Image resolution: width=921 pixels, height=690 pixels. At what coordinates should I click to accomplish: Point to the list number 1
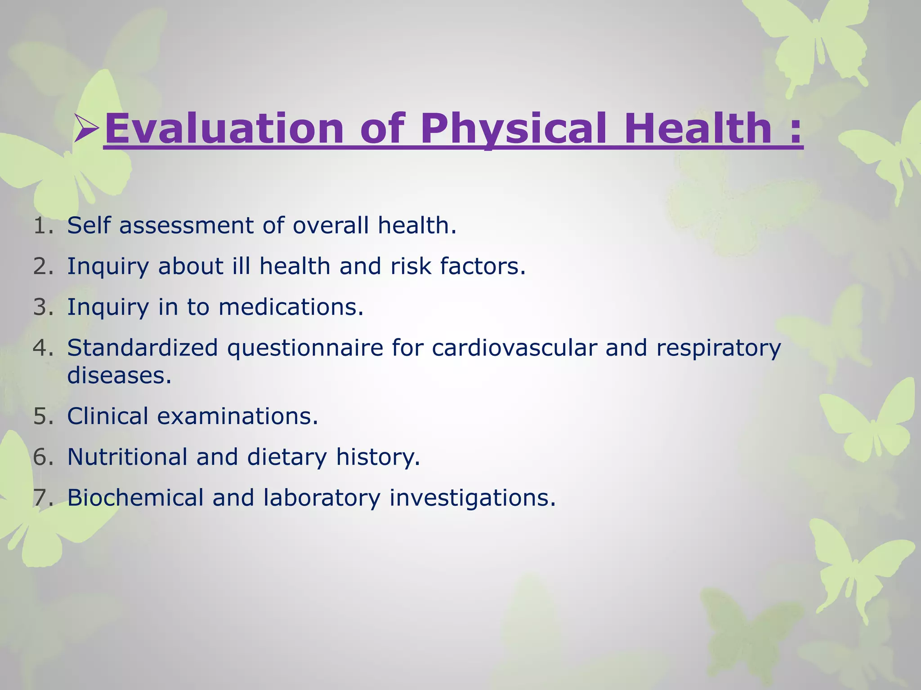(x=43, y=226)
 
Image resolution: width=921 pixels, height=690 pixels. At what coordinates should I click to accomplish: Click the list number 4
(x=43, y=348)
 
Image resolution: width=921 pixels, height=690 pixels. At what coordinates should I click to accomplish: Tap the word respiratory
(x=718, y=348)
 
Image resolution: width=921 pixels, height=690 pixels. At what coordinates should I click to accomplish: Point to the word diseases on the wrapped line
(x=119, y=375)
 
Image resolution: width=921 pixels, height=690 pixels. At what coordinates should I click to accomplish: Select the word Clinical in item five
(x=107, y=416)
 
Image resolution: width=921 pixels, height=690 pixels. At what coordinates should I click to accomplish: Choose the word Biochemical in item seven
(x=135, y=498)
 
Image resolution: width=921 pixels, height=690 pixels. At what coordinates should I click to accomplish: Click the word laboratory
(x=322, y=498)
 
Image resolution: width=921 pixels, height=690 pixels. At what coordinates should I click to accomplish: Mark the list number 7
(x=43, y=498)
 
